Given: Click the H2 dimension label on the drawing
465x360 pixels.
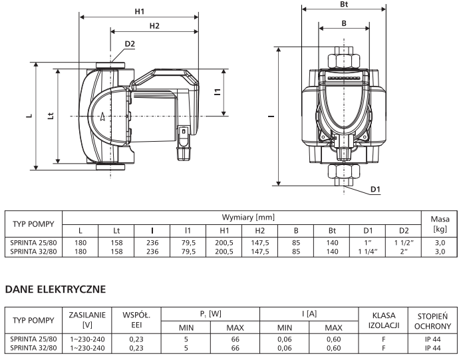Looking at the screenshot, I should tap(154, 25).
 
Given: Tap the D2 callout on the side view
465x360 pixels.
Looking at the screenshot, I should tap(129, 44).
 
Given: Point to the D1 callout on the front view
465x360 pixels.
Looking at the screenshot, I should tap(375, 190).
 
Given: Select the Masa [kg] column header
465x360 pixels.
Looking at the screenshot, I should tap(439, 224).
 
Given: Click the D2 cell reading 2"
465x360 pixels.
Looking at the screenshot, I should tap(403, 252).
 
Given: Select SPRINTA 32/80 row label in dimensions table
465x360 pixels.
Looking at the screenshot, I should tap(34, 252).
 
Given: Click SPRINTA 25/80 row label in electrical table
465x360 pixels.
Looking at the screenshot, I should tap(34, 338).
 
